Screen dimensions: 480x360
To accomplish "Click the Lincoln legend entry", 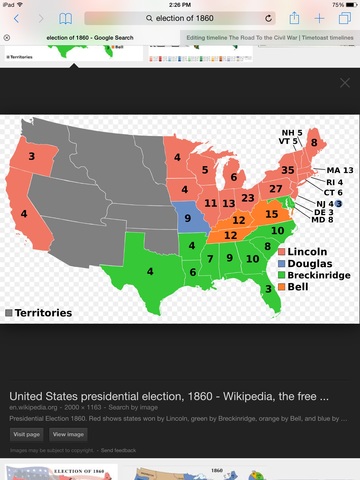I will click(307, 250).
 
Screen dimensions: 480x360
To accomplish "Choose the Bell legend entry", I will click(301, 286).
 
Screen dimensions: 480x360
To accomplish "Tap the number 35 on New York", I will click(287, 171).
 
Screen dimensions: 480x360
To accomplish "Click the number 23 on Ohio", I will click(247, 198).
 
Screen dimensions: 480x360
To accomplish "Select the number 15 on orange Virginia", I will click(271, 214).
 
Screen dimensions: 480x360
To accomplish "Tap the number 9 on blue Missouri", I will click(187, 217).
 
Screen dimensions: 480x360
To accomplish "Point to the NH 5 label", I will click(291, 132).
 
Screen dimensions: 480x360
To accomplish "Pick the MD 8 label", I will click(323, 220).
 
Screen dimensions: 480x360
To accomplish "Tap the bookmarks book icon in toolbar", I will click(66, 19).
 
